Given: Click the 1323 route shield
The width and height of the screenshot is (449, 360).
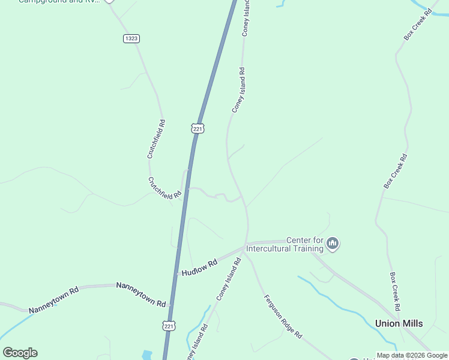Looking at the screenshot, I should point(131,38).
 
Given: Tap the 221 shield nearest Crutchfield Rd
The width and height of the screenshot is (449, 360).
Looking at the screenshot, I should point(198,128).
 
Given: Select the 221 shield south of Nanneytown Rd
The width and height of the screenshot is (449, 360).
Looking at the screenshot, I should point(169,325).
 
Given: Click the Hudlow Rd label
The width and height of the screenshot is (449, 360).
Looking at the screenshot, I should point(199,268).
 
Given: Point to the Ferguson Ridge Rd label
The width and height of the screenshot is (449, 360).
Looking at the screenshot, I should point(283,317).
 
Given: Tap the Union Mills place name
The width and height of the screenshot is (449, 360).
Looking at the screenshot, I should point(399,323).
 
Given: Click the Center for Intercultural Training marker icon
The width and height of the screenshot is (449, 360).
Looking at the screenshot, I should point(333,244).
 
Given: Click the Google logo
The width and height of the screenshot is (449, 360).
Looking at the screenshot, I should point(20,353).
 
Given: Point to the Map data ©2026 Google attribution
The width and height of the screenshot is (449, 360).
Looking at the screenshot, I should point(412,355).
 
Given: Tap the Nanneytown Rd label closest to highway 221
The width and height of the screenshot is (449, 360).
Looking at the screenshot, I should point(141,295).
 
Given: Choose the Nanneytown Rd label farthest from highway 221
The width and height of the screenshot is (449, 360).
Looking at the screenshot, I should point(54,299).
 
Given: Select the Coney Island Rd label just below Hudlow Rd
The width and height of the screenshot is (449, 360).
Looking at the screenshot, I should point(229,279).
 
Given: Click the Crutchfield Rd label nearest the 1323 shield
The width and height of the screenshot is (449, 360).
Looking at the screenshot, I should point(156,139).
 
